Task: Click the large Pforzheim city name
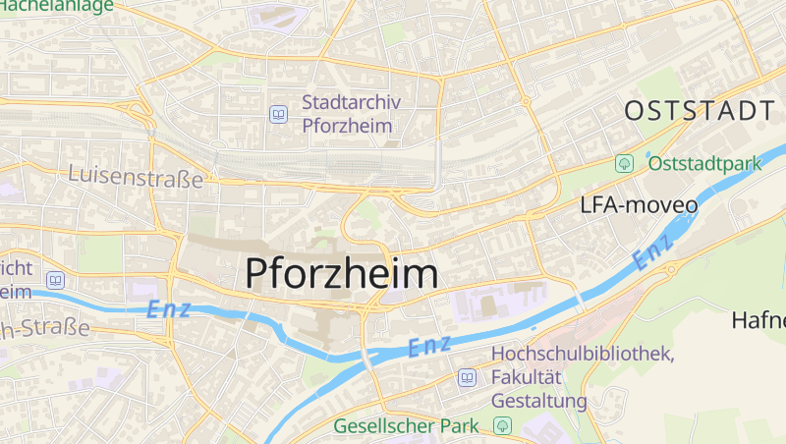point(341,272)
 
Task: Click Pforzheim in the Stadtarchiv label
point(348,126)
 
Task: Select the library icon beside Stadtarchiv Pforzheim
point(279,115)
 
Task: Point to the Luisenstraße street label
point(136,178)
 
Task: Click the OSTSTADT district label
point(700,110)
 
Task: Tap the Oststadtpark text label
point(704,162)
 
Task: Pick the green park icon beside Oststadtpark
point(623,163)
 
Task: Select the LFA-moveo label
point(639,205)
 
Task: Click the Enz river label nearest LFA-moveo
point(652,253)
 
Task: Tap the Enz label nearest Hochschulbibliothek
point(428,346)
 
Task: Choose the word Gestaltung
point(538,401)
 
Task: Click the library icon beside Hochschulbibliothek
point(467,377)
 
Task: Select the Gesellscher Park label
point(406,426)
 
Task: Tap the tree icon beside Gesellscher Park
point(503,426)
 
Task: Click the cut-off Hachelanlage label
point(56,5)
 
